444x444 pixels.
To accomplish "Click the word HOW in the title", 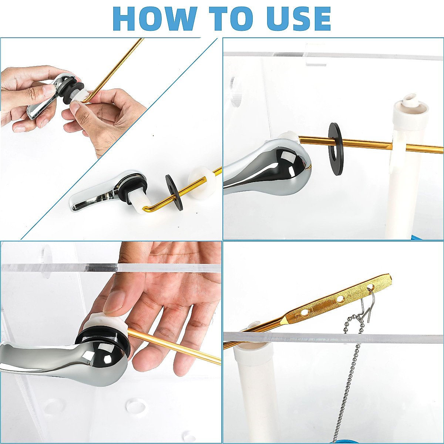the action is tap(155, 18).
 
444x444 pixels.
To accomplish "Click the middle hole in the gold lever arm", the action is tap(340, 299).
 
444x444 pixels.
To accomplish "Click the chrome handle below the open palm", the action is tap(64, 362).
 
